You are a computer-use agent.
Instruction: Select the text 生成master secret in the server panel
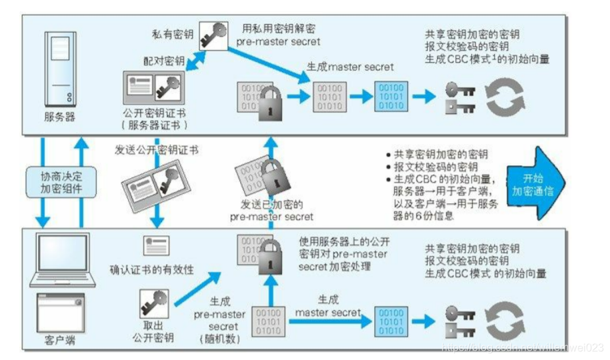(x=349, y=67)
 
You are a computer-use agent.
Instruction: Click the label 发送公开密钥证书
(x=157, y=149)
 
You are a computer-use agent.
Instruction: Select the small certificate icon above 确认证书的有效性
(x=156, y=245)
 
